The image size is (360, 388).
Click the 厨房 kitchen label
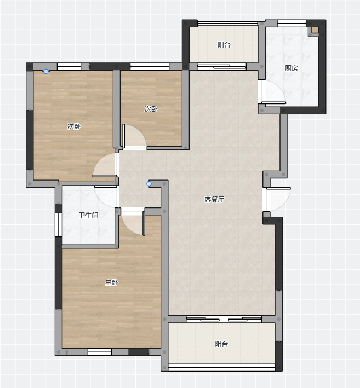point(291,68)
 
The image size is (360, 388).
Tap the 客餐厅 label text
point(214,199)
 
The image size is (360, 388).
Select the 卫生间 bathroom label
point(88,215)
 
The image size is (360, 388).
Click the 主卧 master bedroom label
point(111,282)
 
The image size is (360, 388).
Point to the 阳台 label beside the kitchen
point(224,44)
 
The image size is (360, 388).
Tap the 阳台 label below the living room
point(221,344)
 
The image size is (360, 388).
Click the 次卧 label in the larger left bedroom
point(74,126)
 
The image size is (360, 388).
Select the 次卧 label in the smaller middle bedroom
point(151,109)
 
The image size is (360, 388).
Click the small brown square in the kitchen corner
point(315,30)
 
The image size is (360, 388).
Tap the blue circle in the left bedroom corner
point(46,72)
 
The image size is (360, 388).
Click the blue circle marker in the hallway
point(149,184)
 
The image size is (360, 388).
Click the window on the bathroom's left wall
point(59,225)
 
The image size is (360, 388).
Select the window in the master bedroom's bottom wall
point(100,352)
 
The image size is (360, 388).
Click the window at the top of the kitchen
point(292,24)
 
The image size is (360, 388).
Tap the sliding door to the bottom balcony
point(224,319)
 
